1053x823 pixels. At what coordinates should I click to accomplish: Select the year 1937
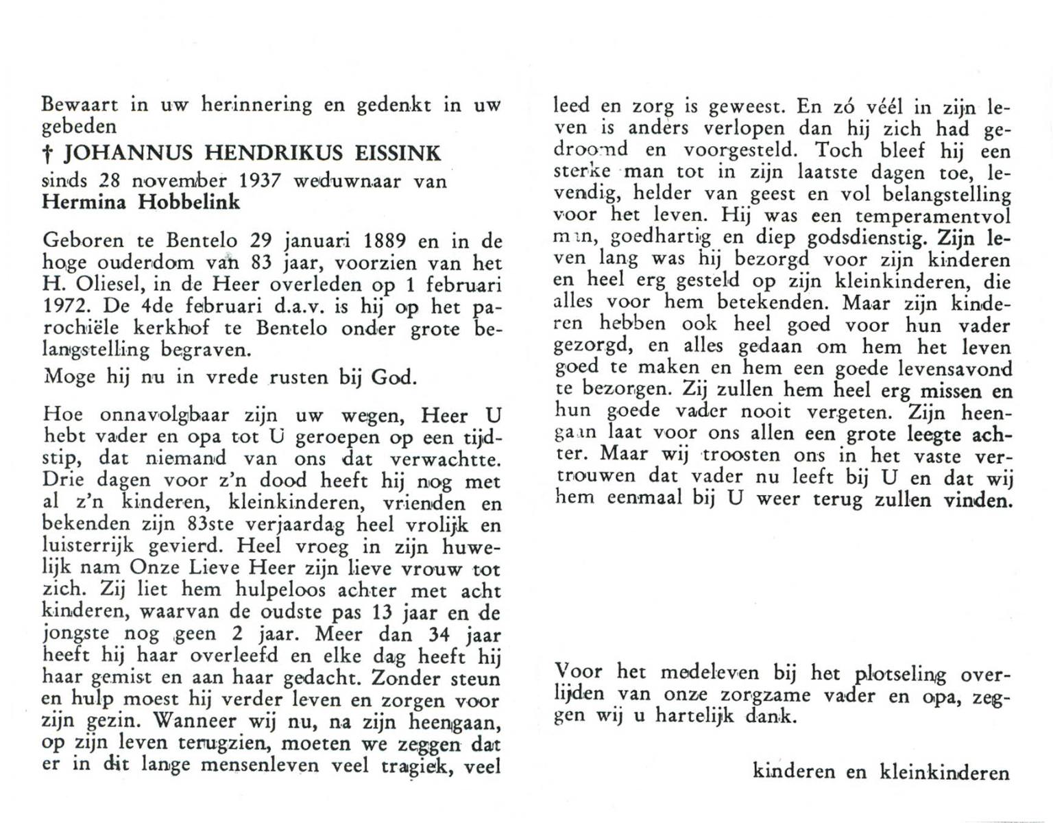click(251, 181)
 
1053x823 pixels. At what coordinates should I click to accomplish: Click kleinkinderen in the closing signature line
click(944, 773)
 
